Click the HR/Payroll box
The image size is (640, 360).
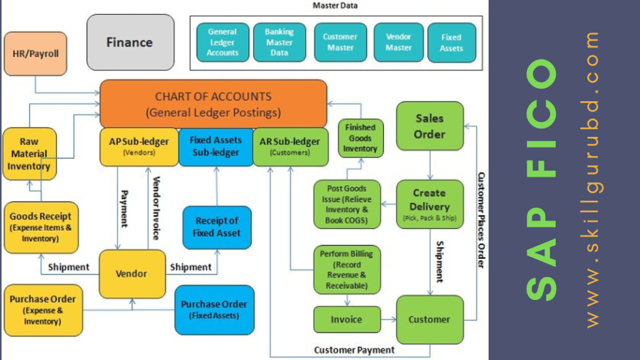pyautogui.click(x=35, y=54)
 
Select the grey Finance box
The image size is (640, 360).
pyautogui.click(x=129, y=42)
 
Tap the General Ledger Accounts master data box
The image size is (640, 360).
pyautogui.click(x=222, y=42)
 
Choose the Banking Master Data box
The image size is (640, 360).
pyautogui.click(x=279, y=42)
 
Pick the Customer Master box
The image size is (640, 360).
pyautogui.click(x=340, y=42)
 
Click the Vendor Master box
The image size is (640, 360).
pyautogui.click(x=398, y=42)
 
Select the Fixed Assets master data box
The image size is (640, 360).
pyautogui.click(x=451, y=42)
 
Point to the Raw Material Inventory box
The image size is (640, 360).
pyautogui.click(x=29, y=154)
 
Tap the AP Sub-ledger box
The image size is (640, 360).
pyautogui.click(x=139, y=147)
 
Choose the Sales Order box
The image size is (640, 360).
pyautogui.click(x=429, y=126)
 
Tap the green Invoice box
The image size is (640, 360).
pyautogui.click(x=346, y=319)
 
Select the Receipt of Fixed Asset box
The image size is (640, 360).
pyautogui.click(x=217, y=227)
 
